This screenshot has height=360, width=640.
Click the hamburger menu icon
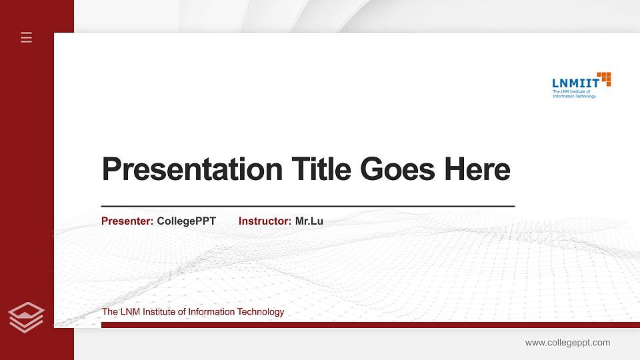coord(27,37)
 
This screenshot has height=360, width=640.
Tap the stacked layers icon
coord(27,316)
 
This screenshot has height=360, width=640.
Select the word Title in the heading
coord(321,169)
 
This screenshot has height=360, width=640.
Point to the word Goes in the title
coord(398,169)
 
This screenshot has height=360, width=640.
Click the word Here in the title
coord(477,169)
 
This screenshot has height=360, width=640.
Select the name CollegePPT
coord(186,221)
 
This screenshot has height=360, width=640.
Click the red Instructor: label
coord(265,221)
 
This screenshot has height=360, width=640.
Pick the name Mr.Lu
coord(309,221)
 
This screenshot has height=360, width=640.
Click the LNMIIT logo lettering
coord(575,83)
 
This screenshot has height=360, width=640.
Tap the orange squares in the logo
coord(604,79)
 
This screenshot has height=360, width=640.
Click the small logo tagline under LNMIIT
coord(573,94)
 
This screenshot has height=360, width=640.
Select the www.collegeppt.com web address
coord(567,343)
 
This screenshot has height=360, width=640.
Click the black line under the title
coord(307,207)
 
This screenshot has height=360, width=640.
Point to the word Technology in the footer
coord(262,312)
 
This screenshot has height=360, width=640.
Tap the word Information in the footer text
coord(213,312)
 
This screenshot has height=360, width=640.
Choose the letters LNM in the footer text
coord(129,312)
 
